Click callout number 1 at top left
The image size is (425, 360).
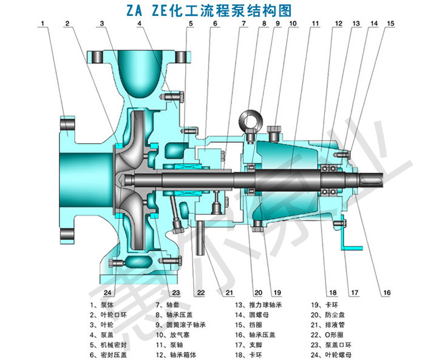pyautogui.click(x=43, y=24)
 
